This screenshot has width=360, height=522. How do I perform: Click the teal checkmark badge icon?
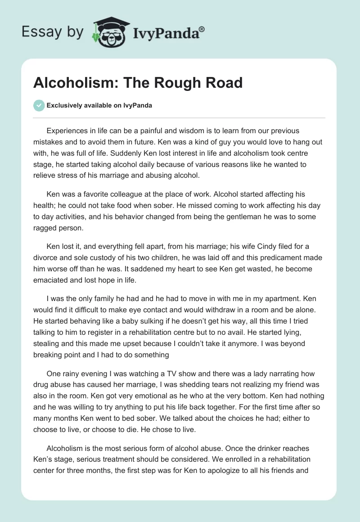39,105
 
